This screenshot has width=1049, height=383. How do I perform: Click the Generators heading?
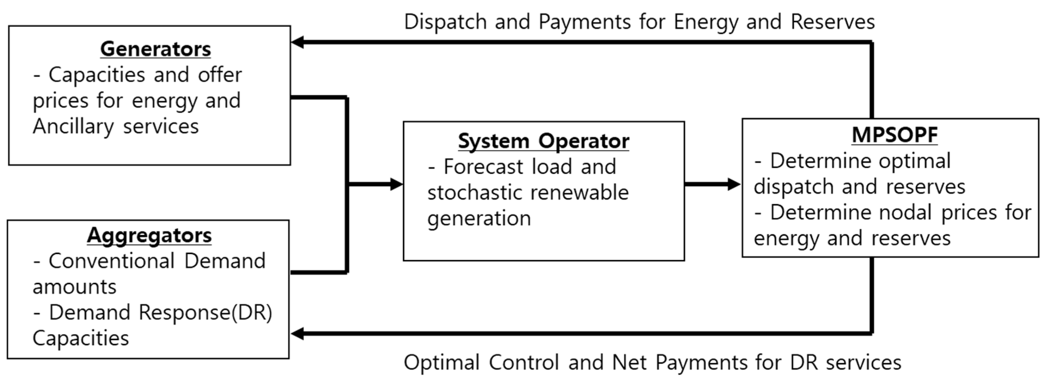(155, 49)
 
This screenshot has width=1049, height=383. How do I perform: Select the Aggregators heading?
(149, 236)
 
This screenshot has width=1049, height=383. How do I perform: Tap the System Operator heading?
(543, 141)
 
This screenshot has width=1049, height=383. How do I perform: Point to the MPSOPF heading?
(895, 135)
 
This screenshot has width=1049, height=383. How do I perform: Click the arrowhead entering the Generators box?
(298, 42)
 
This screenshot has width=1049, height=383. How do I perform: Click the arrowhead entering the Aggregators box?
(298, 334)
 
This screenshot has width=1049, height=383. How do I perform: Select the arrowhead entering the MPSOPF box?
(734, 184)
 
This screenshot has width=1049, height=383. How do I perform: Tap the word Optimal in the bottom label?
(441, 362)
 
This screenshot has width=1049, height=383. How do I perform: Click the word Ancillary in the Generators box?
(73, 126)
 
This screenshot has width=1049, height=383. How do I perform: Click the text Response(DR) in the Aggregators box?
(205, 312)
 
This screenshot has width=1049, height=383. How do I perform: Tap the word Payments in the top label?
(584, 22)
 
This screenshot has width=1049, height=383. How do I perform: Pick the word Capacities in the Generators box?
(96, 75)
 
